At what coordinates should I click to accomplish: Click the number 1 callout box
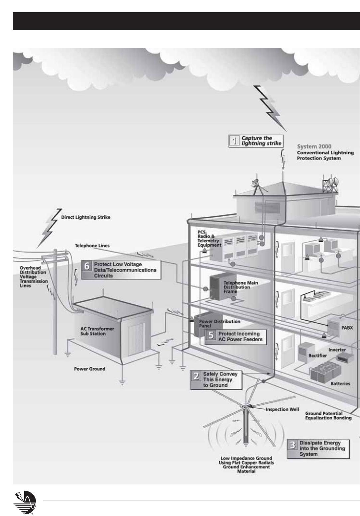pyautogui.click(x=256, y=141)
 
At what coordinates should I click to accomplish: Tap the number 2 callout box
pyautogui.click(x=216, y=379)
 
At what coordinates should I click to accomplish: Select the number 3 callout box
pyautogui.click(x=318, y=449)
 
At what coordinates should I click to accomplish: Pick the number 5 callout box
pyautogui.click(x=236, y=336)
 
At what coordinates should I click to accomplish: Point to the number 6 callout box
pyautogui.click(x=121, y=270)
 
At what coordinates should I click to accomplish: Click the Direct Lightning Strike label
pyautogui.click(x=85, y=218)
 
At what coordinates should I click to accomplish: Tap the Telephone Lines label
pyautogui.click(x=92, y=246)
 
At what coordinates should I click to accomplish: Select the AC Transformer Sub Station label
pyautogui.click(x=93, y=331)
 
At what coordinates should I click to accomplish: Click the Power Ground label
pyautogui.click(x=89, y=369)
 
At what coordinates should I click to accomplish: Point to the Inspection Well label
pyautogui.click(x=282, y=409)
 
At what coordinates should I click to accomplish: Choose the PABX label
pyautogui.click(x=347, y=328)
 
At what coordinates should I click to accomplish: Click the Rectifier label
pyautogui.click(x=318, y=356)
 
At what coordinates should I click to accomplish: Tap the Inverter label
pyautogui.click(x=337, y=350)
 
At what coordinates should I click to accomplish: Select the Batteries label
pyautogui.click(x=340, y=383)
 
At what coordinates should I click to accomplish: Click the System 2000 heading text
pyautogui.click(x=314, y=147)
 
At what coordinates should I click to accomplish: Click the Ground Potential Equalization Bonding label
pyautogui.click(x=328, y=416)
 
